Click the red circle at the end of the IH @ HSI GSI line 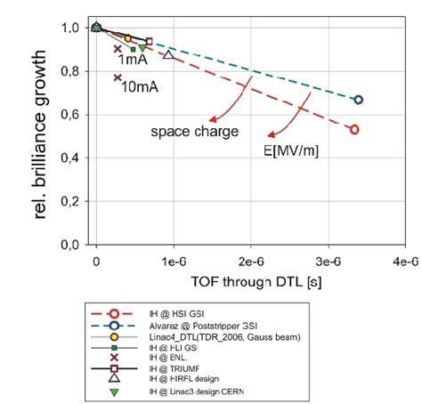point(354,129)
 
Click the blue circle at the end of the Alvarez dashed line point(358,100)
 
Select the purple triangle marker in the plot point(168,55)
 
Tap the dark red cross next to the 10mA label point(118,78)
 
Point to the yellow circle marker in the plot point(127,38)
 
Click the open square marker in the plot point(149,41)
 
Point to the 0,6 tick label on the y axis point(72,115)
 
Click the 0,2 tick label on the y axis point(72,201)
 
